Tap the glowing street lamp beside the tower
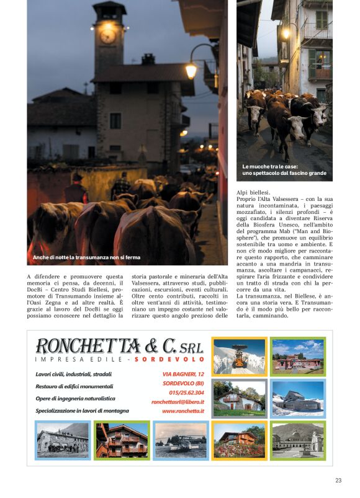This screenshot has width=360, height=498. [x=191, y=70]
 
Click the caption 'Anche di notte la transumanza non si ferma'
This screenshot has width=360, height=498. [x=87, y=257]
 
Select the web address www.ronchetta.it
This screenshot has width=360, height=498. [x=183, y=411]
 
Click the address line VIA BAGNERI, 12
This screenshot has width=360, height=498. [x=183, y=374]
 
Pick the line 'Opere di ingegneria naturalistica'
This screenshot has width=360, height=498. [x=75, y=398]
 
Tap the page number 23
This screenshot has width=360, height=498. [x=338, y=480]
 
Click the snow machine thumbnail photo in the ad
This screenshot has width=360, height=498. [x=239, y=356]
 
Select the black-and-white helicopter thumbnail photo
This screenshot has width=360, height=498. [x=181, y=440]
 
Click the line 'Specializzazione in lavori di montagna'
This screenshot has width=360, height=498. [x=83, y=411]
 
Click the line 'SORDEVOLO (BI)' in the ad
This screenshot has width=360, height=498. [x=184, y=383]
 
